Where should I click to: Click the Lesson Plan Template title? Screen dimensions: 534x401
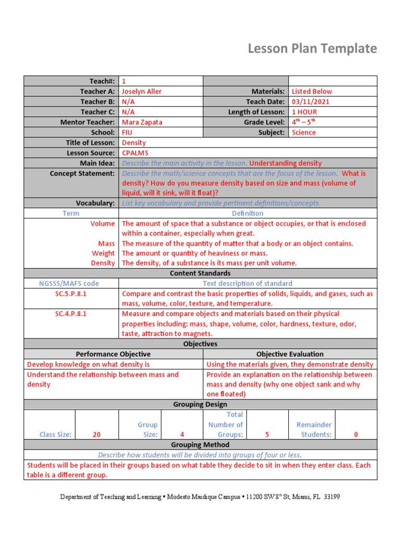pyautogui.click(x=312, y=48)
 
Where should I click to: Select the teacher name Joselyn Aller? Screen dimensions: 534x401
pyautogui.click(x=141, y=91)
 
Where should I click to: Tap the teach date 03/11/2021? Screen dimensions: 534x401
pyautogui.click(x=311, y=102)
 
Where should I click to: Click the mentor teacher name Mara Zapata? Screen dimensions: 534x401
pyautogui.click(x=142, y=122)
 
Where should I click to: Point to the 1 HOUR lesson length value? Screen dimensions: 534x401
pyautogui.click(x=304, y=112)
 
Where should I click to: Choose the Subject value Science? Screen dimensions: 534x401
pyautogui.click(x=303, y=132)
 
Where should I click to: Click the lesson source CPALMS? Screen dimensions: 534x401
pyautogui.click(x=135, y=153)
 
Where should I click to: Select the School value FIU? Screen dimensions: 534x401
pyautogui.click(x=127, y=132)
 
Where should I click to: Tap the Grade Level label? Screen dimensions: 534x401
pyautogui.click(x=264, y=122)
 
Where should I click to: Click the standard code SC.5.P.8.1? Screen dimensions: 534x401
pyautogui.click(x=71, y=294)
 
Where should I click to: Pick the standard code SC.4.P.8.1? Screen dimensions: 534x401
pyautogui.click(x=71, y=314)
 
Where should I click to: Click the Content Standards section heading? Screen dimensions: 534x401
pyautogui.click(x=200, y=273)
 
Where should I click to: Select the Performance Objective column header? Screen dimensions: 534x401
pyautogui.click(x=113, y=354)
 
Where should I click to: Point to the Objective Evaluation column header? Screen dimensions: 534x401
pyautogui.click(x=290, y=354)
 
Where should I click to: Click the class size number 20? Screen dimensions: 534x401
pyautogui.click(x=97, y=434)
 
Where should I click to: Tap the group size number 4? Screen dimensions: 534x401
pyautogui.click(x=182, y=434)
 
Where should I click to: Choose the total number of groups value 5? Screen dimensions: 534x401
pyautogui.click(x=267, y=434)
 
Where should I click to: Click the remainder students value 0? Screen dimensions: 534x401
pyautogui.click(x=356, y=434)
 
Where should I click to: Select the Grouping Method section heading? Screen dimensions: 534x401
pyautogui.click(x=200, y=445)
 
